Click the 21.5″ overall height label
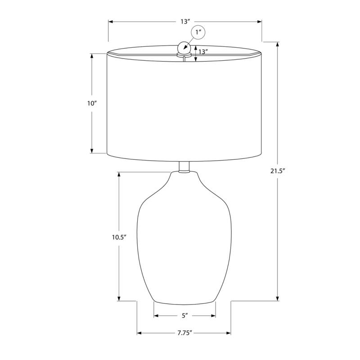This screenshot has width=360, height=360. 278,171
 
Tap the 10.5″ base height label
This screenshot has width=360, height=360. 119,238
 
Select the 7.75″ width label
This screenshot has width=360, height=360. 184,333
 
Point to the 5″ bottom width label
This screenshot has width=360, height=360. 185,316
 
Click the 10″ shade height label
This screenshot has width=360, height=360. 92,103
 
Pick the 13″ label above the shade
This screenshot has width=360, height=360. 185,22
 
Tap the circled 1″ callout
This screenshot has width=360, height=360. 198,32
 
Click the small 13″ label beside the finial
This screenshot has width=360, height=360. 203,52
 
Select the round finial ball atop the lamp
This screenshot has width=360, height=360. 184,47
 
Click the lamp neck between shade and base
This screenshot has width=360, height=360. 184,167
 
